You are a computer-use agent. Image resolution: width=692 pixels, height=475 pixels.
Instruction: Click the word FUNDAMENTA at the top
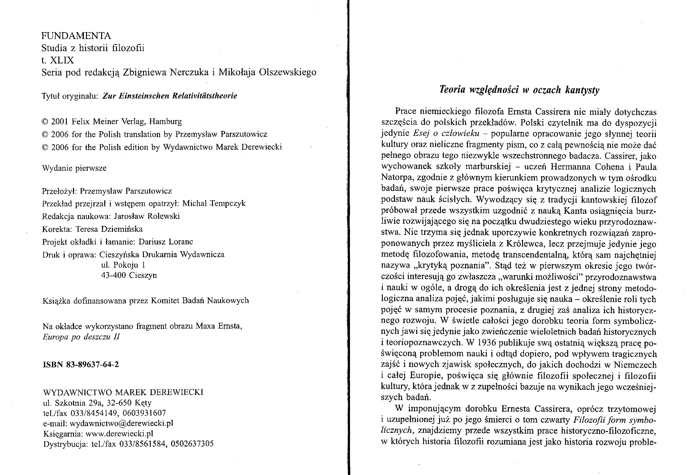tap(76, 36)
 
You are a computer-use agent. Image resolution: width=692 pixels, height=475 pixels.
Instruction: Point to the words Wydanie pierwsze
tap(74, 168)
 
